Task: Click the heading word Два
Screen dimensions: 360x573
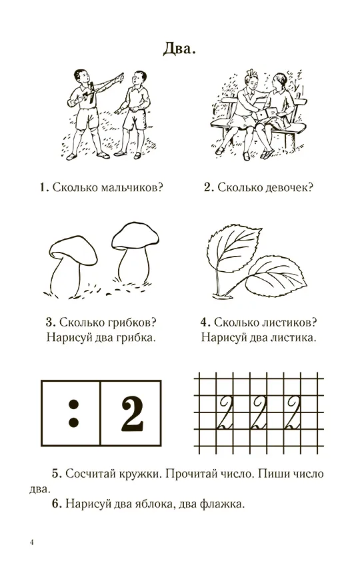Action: (x=179, y=48)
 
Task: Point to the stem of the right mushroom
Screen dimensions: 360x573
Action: (x=135, y=263)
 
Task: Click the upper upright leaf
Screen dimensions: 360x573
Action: (x=234, y=248)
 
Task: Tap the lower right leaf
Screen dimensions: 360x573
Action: (x=275, y=278)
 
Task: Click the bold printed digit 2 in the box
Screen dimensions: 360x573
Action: (x=132, y=413)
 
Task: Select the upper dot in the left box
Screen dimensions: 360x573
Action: (x=74, y=404)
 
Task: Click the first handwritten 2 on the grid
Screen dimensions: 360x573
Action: (x=224, y=413)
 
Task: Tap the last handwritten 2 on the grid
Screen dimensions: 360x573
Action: (x=294, y=413)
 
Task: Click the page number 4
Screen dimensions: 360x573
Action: (x=31, y=542)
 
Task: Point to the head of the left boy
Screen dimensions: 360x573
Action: (x=81, y=77)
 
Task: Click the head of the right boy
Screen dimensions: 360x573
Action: (x=139, y=79)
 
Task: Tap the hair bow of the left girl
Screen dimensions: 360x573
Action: (x=251, y=73)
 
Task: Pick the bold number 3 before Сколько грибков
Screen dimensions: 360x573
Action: (x=51, y=322)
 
